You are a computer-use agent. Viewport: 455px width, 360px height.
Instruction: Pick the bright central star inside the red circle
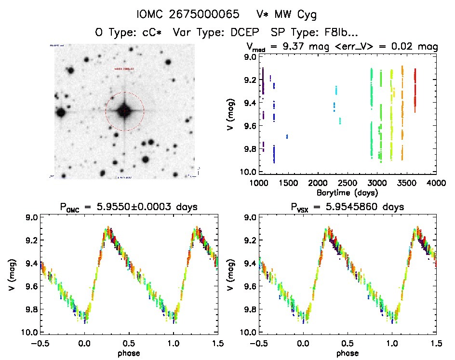tap(124, 111)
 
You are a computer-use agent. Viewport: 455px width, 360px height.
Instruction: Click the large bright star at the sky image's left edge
tap(61, 113)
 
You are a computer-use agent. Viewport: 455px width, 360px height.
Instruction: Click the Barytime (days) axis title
tap(348, 192)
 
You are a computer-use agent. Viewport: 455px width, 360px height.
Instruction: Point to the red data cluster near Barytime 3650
tap(415, 89)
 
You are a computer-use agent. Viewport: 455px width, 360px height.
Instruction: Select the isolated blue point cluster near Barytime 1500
tap(287, 137)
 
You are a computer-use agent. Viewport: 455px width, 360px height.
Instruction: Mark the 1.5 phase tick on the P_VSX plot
tap(436, 343)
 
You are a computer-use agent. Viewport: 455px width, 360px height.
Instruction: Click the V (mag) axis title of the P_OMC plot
tap(11, 275)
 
